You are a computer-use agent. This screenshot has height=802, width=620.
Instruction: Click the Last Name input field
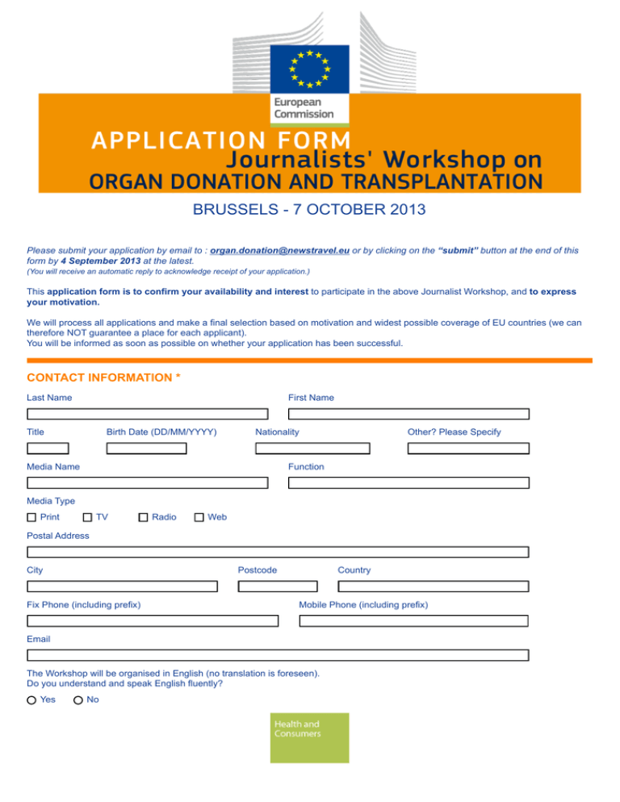coord(147,414)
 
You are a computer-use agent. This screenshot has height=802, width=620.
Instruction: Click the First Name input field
coord(408,414)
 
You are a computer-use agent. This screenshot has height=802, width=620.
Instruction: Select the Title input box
coord(48,449)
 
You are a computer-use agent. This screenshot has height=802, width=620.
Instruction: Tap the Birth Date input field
coord(146,449)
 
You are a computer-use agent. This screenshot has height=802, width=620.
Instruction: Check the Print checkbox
coord(31,517)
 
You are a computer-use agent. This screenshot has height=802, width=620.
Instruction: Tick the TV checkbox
coord(87,517)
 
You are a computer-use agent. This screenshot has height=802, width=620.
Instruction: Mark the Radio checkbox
coord(143,517)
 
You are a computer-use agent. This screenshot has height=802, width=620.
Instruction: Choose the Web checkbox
coord(199,517)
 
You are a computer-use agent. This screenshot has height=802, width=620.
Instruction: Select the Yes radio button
coord(31,700)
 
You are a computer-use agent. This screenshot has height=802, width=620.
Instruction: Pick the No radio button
coord(77,700)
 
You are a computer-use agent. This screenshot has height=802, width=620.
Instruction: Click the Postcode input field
coord(278,587)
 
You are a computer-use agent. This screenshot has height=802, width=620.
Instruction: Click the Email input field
coord(278,655)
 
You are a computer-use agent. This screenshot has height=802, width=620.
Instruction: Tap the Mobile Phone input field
coord(414,621)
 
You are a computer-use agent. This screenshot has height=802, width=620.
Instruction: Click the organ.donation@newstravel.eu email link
coord(279,251)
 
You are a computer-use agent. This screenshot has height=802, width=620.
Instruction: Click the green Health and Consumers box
coord(310,737)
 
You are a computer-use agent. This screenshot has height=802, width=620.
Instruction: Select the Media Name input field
coord(147,482)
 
